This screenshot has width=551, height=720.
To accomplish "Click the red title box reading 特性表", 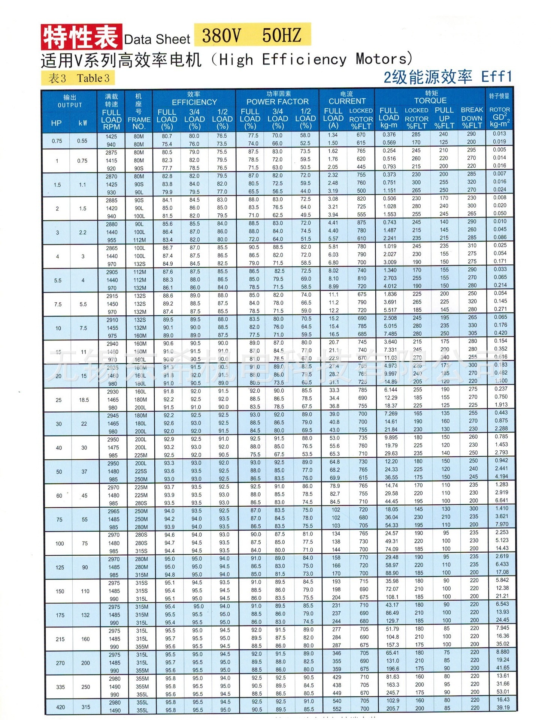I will [x=81, y=37].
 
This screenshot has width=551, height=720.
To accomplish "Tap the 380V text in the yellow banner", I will [x=221, y=36].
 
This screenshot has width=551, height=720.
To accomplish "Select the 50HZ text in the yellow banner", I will [x=282, y=35].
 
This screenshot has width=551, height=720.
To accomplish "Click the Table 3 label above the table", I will [x=93, y=78].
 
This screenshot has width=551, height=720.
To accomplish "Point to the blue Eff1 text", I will [x=497, y=76].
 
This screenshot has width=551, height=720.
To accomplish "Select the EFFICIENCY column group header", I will [x=194, y=102].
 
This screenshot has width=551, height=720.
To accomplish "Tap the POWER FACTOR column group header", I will [x=277, y=102].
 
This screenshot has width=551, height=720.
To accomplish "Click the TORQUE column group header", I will [x=430, y=100].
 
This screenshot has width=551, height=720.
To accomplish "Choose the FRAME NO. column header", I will [x=139, y=123].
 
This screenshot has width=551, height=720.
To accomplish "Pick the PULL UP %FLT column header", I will [x=444, y=118].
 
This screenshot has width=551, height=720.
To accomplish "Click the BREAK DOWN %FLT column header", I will [x=472, y=118].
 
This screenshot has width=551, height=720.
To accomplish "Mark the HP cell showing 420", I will [x=60, y=707].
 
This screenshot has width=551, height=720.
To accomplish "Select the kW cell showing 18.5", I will [x=84, y=400].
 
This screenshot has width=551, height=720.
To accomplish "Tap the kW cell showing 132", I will [x=85, y=615].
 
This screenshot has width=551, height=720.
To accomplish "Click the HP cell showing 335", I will [x=60, y=687].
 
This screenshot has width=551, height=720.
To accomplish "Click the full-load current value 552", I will [x=337, y=709].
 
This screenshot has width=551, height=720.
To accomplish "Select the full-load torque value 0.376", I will [x=389, y=135].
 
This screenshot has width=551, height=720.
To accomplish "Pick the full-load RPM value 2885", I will [x=112, y=200].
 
